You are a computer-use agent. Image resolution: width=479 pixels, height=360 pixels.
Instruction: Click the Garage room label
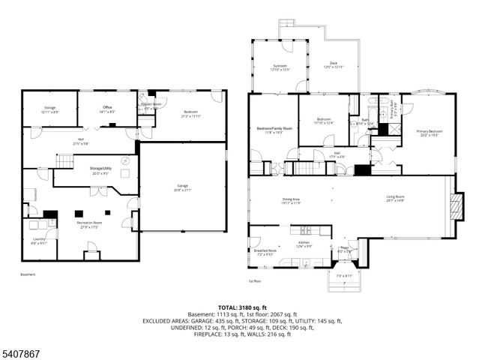click(x=183, y=188)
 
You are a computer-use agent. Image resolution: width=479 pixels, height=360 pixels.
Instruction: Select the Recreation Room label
click(x=88, y=223)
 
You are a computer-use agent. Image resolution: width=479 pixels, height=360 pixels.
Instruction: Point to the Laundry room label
click(x=38, y=240)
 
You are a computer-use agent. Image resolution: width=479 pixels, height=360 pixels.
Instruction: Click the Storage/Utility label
click(x=101, y=169)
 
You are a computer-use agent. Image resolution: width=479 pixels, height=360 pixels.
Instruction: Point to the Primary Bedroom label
click(x=430, y=132)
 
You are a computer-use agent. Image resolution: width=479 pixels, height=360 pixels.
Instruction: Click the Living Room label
click(x=396, y=198)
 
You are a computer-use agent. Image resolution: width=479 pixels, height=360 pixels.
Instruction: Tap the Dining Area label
click(x=291, y=199)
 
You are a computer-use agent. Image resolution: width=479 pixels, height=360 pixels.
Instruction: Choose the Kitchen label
click(x=304, y=243)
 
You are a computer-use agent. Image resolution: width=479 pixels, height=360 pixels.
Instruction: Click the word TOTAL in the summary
click(x=229, y=307)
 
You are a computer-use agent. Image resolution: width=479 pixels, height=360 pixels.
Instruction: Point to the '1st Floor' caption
click(x=256, y=281)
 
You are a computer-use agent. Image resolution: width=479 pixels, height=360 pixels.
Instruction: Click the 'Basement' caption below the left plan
click(x=27, y=274)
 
